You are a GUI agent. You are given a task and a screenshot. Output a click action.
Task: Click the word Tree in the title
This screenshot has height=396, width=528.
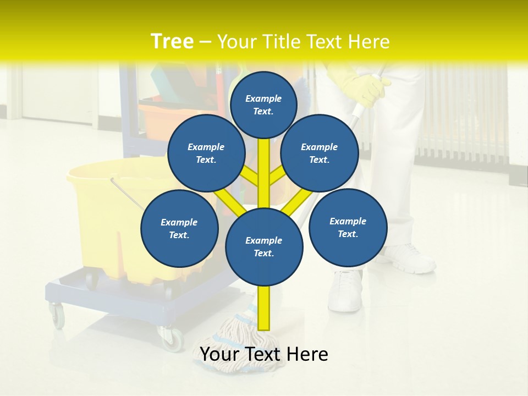click(x=172, y=42)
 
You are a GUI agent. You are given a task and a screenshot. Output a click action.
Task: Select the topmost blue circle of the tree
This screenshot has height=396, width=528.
click(x=263, y=105)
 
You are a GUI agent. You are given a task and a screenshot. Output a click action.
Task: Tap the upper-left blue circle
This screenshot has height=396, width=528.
click(x=206, y=153)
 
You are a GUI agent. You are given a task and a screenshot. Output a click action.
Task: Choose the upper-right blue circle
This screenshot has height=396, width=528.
click(x=319, y=153)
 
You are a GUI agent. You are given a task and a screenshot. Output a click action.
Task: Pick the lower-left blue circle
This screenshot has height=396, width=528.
click(x=179, y=228)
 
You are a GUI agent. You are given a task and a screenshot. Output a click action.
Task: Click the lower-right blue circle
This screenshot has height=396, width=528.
click(x=348, y=227)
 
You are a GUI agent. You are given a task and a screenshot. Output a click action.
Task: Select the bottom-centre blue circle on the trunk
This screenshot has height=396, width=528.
click(x=264, y=246)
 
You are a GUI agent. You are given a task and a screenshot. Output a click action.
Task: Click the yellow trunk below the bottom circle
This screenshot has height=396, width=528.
click(x=264, y=308)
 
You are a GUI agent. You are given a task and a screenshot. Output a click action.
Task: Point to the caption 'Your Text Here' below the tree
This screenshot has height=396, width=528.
click(x=263, y=355)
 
